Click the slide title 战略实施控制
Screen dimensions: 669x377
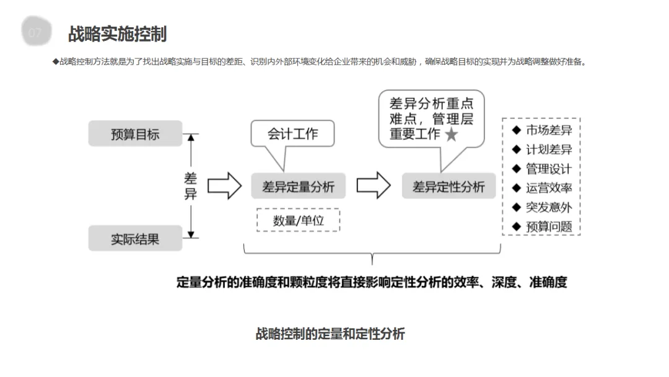117,33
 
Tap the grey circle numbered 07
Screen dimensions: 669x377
36,33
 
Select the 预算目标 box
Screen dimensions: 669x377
135,134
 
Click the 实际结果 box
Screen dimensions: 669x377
135,239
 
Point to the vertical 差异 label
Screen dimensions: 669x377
191,186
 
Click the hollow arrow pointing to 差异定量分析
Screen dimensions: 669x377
224,186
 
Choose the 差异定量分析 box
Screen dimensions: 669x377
298,187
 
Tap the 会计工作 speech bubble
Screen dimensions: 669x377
292,134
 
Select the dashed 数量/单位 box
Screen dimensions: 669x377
298,220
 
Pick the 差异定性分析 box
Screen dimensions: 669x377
448,187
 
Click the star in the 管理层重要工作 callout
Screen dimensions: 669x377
452,135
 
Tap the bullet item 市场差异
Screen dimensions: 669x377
548,130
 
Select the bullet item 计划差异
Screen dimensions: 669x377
548,149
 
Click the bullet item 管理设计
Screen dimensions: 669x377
548,169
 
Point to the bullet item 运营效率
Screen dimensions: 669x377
548,188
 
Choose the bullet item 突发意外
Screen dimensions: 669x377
548,207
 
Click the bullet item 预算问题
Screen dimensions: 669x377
548,226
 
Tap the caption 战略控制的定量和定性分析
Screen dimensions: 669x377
330,334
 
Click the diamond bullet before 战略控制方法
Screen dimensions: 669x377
56,61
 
